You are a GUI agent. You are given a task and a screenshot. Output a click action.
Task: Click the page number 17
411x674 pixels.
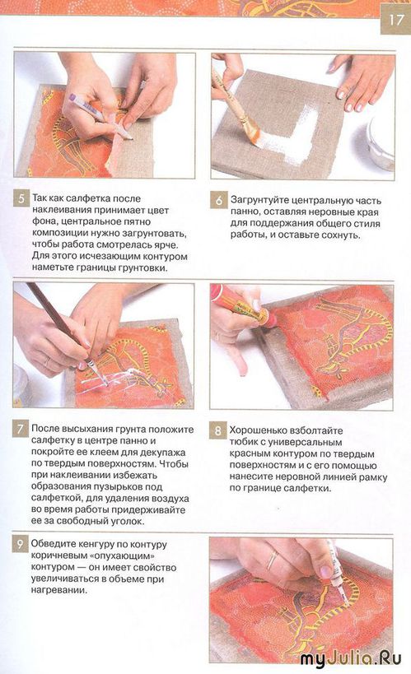396,21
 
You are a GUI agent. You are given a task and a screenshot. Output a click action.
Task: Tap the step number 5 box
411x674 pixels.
21,199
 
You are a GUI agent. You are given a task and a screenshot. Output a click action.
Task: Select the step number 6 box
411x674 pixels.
218,200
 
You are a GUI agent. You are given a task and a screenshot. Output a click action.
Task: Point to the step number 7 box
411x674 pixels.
21,430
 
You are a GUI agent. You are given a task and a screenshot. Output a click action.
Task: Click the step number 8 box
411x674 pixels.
218,431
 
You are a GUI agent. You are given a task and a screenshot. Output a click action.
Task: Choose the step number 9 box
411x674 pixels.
21,544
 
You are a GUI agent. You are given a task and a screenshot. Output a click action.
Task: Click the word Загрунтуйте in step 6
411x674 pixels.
259,201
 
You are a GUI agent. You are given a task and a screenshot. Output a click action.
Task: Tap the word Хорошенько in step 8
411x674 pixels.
261,430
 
